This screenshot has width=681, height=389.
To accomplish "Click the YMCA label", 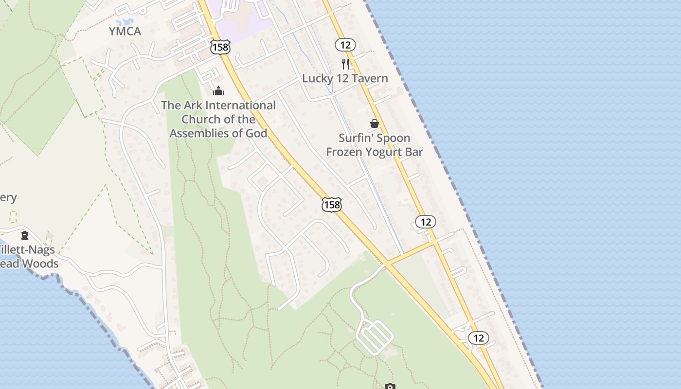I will [125, 32].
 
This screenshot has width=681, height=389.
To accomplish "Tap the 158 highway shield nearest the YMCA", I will [220, 47].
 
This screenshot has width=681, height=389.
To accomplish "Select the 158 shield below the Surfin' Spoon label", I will [332, 205].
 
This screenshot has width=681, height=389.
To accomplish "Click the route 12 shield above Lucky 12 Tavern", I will [345, 45].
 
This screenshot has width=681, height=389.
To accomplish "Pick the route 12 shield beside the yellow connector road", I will [426, 222].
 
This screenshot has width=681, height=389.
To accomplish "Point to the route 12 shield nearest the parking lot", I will [479, 338].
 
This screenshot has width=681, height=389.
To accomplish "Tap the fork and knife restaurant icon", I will [345, 64].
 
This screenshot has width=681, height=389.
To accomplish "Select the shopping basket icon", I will [375, 124].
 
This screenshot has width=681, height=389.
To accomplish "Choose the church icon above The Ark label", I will [218, 91].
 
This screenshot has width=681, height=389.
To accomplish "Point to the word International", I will [240, 106].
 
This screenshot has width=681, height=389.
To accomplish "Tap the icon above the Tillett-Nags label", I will [25, 236].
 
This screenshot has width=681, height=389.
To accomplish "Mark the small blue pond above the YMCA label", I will [125, 22].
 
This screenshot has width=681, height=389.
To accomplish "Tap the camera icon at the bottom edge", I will [390, 387].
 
